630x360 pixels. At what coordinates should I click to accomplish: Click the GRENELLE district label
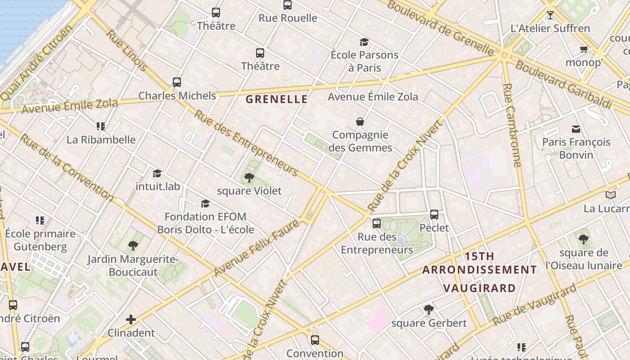coord(277,99)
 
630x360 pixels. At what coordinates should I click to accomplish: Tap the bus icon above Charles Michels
coord(177,82)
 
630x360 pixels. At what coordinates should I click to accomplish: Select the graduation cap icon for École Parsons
coord(364,42)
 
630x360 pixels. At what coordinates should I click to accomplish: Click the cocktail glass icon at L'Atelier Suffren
coord(550,15)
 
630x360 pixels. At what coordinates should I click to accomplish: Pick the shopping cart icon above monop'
coord(584,49)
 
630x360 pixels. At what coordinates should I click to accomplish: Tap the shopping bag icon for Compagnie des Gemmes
coord(360,121)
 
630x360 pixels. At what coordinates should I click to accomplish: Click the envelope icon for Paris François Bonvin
coord(576,129)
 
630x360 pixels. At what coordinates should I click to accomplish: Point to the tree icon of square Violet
coord(249,178)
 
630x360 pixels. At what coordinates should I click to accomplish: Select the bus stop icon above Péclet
coord(434,215)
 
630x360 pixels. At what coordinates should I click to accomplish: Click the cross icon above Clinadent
coord(131,319)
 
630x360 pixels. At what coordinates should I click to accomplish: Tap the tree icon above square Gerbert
coord(429,310)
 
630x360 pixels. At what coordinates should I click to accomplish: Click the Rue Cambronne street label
coord(513,125)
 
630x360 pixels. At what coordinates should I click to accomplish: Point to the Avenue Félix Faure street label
coord(256,248)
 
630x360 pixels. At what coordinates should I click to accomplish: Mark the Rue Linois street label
coord(126,50)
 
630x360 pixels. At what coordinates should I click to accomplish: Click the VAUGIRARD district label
coord(479,288)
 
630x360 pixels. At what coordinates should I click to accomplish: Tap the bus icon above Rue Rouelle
coord(288,5)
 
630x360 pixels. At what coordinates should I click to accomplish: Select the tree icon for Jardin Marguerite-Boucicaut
coord(133,246)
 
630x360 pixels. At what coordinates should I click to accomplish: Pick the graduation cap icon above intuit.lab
coord(157,173)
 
